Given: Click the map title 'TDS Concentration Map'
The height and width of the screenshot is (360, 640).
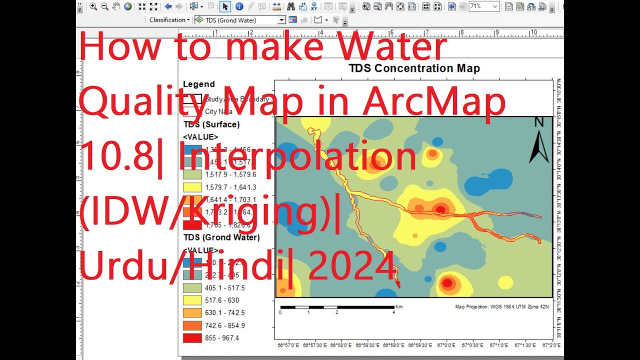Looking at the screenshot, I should (413, 68).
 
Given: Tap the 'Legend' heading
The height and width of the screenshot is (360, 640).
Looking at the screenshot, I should (198, 84).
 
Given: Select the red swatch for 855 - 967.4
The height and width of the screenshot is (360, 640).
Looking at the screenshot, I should (192, 338).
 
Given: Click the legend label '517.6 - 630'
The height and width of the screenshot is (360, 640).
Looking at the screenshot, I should (222, 300).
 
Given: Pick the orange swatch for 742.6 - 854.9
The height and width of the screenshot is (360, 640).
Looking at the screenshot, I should (192, 325).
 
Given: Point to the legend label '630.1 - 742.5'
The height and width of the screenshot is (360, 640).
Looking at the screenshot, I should (225, 313).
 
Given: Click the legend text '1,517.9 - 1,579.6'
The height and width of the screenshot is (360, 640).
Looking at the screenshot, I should (230, 174).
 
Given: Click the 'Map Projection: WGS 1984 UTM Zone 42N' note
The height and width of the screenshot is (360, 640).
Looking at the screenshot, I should (501, 306).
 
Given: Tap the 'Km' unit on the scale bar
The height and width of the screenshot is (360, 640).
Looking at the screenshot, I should (399, 306).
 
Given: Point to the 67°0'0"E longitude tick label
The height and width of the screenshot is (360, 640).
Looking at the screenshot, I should (445, 345).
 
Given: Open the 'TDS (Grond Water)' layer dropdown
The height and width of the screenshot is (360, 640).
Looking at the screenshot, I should (281, 20).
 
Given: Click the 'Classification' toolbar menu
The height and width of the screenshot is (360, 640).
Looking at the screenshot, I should (169, 20).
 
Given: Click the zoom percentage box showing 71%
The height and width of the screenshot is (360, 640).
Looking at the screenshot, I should (483, 6).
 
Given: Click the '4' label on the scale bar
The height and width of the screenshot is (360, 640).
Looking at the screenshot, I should (393, 312).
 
